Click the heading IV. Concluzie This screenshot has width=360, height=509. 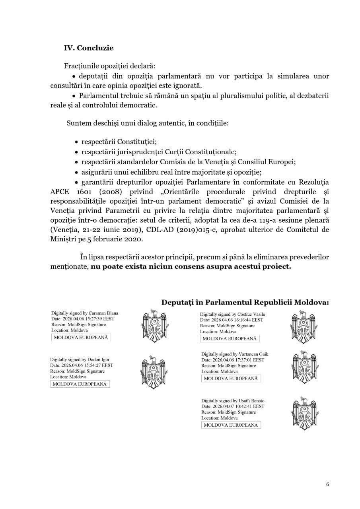point(89,48)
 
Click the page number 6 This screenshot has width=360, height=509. point(327,484)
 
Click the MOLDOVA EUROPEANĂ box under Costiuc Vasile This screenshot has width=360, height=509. point(230,339)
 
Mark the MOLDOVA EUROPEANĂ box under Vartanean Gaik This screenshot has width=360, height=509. point(231,379)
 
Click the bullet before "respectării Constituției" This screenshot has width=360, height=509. point(76,142)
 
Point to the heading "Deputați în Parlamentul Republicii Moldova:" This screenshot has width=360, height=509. point(245,303)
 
